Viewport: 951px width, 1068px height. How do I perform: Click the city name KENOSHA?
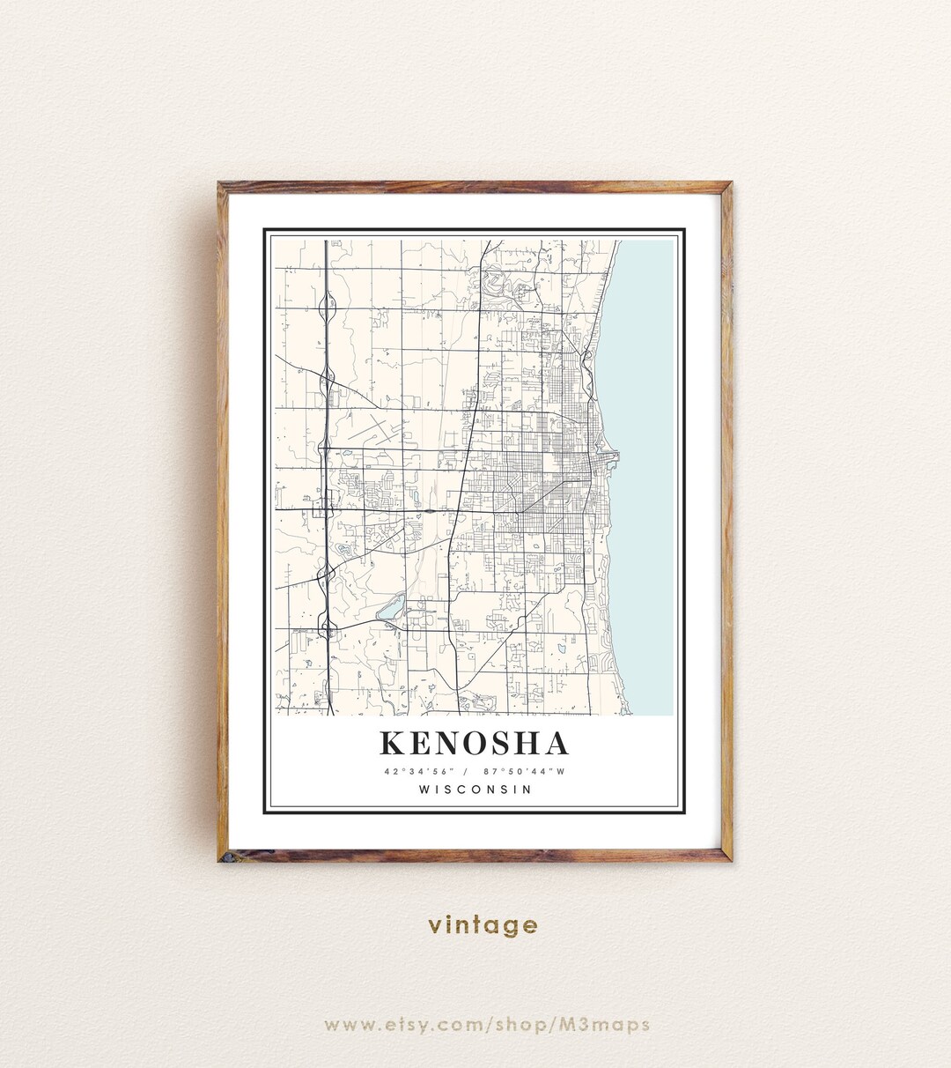click(x=475, y=744)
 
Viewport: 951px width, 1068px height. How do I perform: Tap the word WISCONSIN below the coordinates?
click(x=475, y=790)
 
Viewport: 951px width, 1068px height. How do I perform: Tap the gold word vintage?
click(x=483, y=925)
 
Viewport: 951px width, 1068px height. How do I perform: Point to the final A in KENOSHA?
click(x=557, y=744)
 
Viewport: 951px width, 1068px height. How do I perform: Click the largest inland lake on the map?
click(x=390, y=607)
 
